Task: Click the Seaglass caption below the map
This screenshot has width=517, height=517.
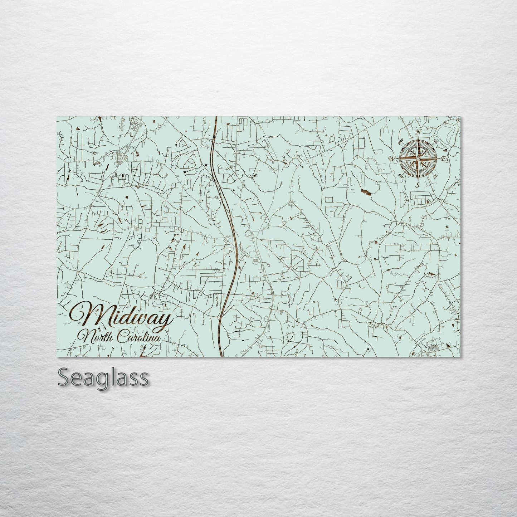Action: [x=102, y=377]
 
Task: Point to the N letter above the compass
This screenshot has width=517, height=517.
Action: [x=417, y=132]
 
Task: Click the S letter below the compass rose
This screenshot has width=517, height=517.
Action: [x=417, y=185]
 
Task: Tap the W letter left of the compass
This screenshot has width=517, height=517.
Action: [x=392, y=158]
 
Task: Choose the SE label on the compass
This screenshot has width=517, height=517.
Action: [x=435, y=176]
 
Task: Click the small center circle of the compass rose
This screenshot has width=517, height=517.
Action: [x=418, y=158]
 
